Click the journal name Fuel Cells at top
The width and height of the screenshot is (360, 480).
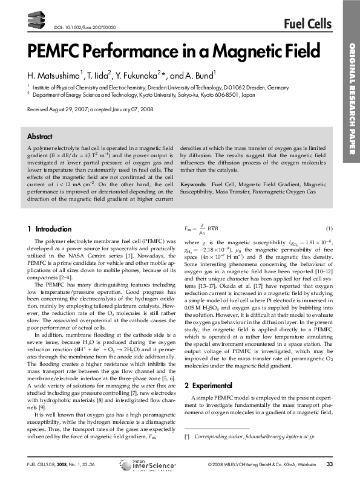(307, 24)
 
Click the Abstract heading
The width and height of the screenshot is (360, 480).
(40, 137)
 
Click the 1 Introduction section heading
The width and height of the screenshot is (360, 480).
(50, 229)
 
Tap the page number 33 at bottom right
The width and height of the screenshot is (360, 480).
(330, 464)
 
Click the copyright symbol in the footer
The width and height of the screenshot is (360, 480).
(209, 464)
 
